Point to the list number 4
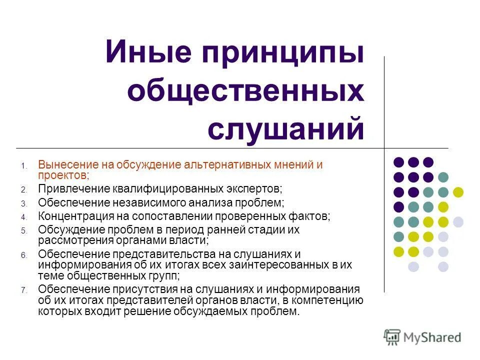click(23, 217)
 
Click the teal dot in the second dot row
click(443, 177)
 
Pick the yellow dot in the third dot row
click(458, 191)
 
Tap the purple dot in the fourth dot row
click(398, 206)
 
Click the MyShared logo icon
click(392, 337)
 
